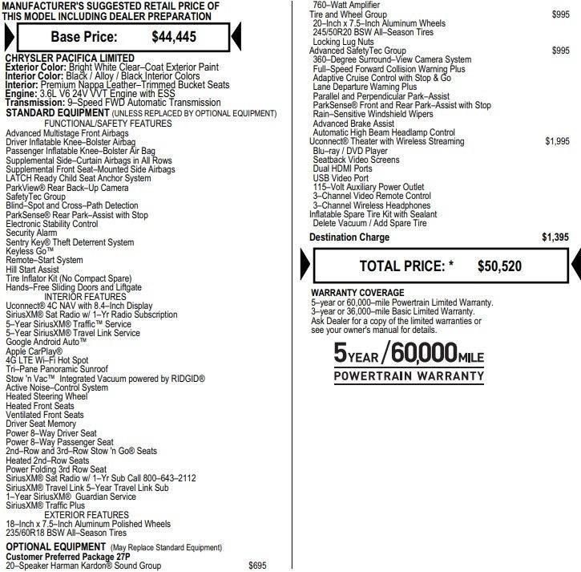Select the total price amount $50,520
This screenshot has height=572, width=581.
tap(500, 266)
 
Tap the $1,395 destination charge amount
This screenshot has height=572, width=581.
tap(555, 237)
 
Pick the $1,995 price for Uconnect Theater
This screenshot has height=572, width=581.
tap(557, 141)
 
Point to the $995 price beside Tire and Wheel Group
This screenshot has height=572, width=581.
tap(561, 14)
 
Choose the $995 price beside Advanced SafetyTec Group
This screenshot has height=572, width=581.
tap(561, 51)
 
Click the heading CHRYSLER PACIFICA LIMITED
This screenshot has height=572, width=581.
tap(70, 59)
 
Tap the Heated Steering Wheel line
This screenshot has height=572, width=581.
tap(46, 396)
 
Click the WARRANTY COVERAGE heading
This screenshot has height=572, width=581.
tap(357, 293)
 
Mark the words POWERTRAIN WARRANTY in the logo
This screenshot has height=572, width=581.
tap(409, 375)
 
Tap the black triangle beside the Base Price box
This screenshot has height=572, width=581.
tap(236, 36)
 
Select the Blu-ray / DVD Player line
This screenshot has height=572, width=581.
tap(350, 150)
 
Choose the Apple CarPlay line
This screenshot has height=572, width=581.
tap(34, 351)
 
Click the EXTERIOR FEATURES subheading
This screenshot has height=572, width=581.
tap(87, 515)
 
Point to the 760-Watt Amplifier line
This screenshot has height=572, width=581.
tap(346, 5)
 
